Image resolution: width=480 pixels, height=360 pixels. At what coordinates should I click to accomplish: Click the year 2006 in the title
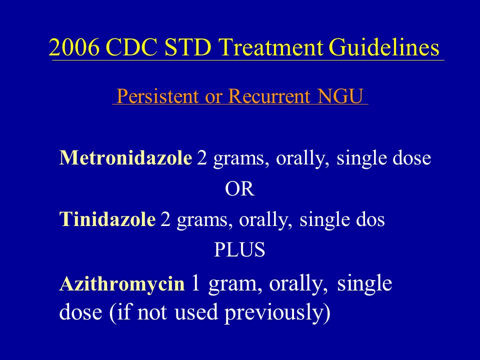(x=74, y=47)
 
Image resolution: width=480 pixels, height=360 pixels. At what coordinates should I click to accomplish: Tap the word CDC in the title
(x=131, y=47)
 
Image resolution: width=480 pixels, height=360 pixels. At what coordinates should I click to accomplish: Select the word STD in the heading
(x=187, y=47)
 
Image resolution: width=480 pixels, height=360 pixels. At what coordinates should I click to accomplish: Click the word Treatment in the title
(x=270, y=47)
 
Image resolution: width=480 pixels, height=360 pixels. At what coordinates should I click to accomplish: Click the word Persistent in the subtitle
(x=157, y=96)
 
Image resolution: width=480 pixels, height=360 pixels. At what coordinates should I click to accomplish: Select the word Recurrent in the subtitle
(x=269, y=96)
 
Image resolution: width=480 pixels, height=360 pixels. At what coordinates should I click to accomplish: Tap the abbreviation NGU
(x=340, y=96)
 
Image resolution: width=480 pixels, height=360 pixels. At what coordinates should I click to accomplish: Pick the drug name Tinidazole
(x=107, y=219)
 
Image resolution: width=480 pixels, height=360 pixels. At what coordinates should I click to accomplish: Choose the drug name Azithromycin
(x=122, y=284)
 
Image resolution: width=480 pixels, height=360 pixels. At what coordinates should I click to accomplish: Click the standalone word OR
(x=239, y=189)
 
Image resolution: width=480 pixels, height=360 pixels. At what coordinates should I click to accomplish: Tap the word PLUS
(x=239, y=250)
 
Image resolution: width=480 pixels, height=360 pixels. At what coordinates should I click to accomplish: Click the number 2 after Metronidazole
(x=202, y=158)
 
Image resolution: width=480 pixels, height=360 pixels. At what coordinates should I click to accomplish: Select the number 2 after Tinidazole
(x=165, y=219)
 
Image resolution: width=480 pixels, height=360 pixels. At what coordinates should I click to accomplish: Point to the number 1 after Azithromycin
(x=195, y=283)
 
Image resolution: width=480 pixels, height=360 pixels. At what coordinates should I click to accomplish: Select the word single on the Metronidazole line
(x=361, y=159)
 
